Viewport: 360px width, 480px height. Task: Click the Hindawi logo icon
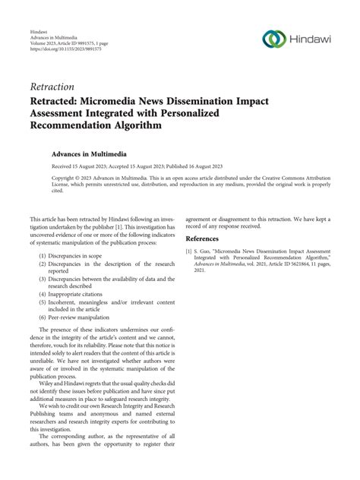pos(272,39)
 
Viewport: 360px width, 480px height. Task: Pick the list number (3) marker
pos(43,279)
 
